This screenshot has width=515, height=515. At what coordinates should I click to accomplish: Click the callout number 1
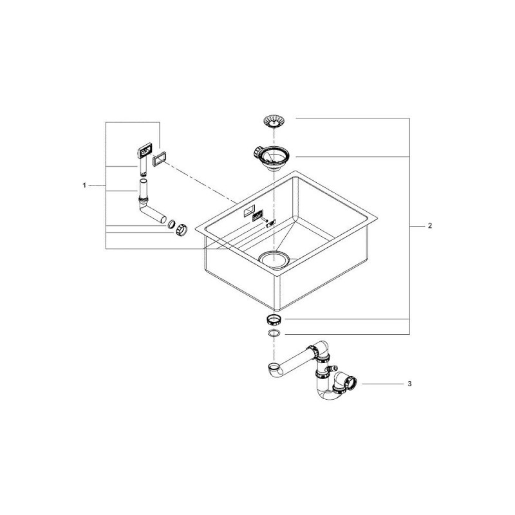tap(84, 185)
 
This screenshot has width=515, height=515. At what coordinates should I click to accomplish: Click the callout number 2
tap(430, 226)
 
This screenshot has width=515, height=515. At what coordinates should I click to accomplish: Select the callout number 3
tap(409, 384)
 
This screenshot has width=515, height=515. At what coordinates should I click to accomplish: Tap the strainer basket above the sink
tap(273, 121)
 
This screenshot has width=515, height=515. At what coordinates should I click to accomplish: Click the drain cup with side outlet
tap(272, 158)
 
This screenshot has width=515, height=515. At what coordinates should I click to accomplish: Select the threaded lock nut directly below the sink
tap(273, 319)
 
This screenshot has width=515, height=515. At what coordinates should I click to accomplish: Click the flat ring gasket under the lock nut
tap(273, 333)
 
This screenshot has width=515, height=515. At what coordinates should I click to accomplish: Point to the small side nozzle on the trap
tap(335, 367)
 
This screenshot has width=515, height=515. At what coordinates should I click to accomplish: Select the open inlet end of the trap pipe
tap(273, 366)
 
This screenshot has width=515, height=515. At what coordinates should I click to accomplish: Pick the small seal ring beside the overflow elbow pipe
tap(171, 225)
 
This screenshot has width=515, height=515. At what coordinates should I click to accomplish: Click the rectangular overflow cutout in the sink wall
tap(249, 210)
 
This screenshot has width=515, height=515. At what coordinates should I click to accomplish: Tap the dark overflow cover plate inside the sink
tap(257, 216)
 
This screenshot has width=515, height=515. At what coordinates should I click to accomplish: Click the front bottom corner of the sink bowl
tap(279, 310)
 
